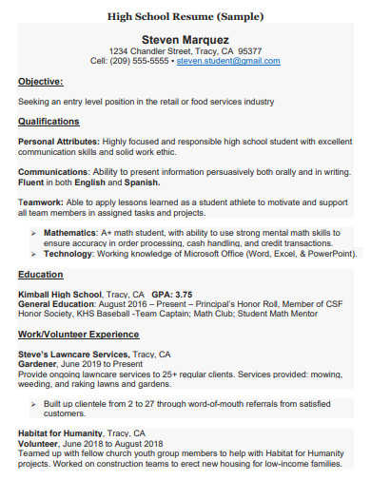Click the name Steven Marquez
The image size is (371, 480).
[185, 39]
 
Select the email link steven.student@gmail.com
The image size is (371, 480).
[228, 61]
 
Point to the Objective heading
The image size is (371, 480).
[41, 83]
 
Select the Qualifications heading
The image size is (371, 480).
[50, 122]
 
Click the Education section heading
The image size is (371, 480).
[41, 274]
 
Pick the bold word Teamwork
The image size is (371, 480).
[39, 202]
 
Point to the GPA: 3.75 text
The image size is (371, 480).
[171, 294]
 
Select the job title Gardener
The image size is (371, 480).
[37, 363]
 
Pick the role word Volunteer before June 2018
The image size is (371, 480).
[38, 443]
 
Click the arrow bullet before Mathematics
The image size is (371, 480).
[34, 232]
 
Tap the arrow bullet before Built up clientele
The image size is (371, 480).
[34, 403]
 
